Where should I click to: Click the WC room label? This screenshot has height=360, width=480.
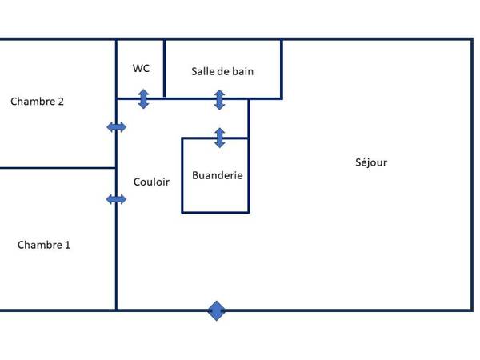coord(141,69)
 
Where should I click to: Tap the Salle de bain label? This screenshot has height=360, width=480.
coord(222,71)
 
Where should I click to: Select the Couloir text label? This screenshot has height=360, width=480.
coord(151,182)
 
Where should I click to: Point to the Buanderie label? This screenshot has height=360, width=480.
coord(217,175)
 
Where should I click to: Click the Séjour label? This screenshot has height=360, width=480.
coord(371,162)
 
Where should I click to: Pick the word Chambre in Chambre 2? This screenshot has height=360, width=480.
coord(31,102)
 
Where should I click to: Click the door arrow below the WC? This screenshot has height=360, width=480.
coord(143,99)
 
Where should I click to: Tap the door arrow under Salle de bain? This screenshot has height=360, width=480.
coord(219,100)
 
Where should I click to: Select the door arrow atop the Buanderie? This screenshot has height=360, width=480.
coord(219,138)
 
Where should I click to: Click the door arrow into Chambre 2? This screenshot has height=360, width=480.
coord(117,127)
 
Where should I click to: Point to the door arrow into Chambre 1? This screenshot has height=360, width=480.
coord(117,199)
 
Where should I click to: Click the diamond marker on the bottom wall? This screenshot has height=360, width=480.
coord(217,310)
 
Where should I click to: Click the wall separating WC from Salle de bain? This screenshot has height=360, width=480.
coord(165,69)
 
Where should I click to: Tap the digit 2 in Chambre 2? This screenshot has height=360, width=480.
coord(61,102)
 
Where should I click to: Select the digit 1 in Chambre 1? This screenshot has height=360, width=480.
coord(67,245)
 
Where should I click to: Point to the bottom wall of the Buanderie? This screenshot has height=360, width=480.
coord(215,212)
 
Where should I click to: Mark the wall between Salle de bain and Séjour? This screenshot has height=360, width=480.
coord(282,69)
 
